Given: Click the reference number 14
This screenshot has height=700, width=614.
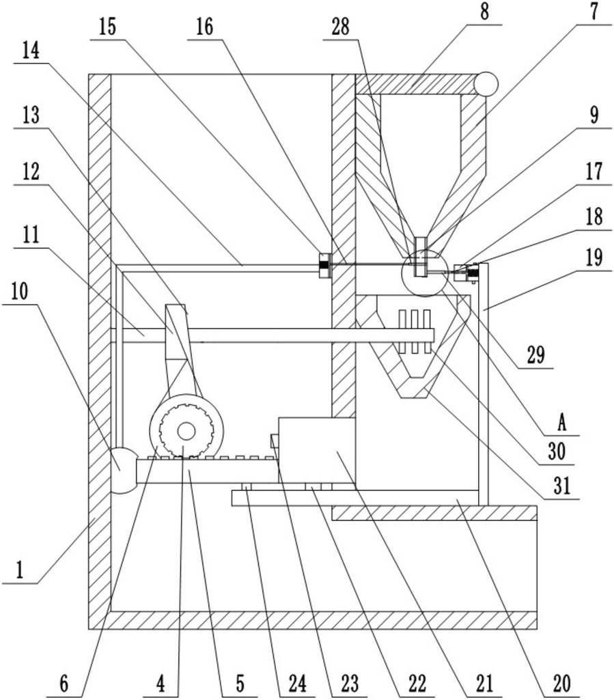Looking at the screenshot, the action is point(31,51).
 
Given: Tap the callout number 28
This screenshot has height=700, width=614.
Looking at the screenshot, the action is point(340,27).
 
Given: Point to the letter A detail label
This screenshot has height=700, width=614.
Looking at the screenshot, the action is point(561,422).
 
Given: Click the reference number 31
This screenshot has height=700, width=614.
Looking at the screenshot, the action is point(562,486).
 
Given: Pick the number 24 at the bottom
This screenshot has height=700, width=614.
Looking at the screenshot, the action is point(297,684).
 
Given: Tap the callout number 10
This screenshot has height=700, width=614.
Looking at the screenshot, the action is point(19,291).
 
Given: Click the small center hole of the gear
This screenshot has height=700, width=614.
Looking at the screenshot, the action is point(186,431).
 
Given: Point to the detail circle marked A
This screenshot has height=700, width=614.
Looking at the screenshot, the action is point(425,273).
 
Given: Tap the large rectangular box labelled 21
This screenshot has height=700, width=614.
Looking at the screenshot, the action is point(317,451).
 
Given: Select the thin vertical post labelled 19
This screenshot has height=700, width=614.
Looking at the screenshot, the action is point(483,384).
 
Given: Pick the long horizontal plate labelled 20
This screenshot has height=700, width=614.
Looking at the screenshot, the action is point(355,498).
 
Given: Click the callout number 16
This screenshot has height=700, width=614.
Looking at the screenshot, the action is point(204,27).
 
